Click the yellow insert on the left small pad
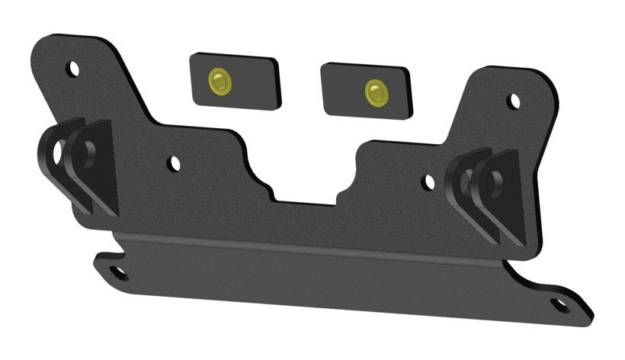click(x=220, y=80)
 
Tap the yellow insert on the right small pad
click(x=376, y=92)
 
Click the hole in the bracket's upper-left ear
click(x=73, y=69)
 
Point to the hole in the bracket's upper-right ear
click(x=514, y=101)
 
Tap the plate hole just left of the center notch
click(x=174, y=163)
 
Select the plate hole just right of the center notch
click(x=428, y=182)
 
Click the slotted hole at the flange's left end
click(x=118, y=272)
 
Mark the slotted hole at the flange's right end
click(x=560, y=305)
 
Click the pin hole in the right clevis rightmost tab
click(x=495, y=184)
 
